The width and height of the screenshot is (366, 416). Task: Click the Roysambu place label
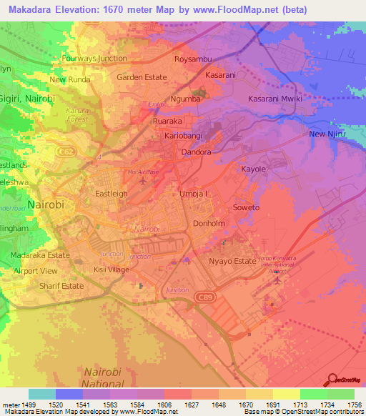click(x=194, y=58)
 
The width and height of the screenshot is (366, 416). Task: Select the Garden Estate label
click(x=142, y=77)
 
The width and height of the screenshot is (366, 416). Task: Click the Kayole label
click(x=253, y=169)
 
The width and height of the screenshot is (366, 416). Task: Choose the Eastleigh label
click(x=112, y=193)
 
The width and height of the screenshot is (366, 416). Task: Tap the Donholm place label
click(x=209, y=223)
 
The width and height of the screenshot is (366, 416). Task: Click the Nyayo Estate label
click(x=231, y=262)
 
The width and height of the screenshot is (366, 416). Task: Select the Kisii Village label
click(x=112, y=269)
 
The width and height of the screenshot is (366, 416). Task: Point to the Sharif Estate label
click(x=61, y=286)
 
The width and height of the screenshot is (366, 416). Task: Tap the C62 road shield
click(x=65, y=152)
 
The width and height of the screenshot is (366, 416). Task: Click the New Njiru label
click(x=327, y=134)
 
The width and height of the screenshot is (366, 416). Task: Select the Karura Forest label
click(x=76, y=114)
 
